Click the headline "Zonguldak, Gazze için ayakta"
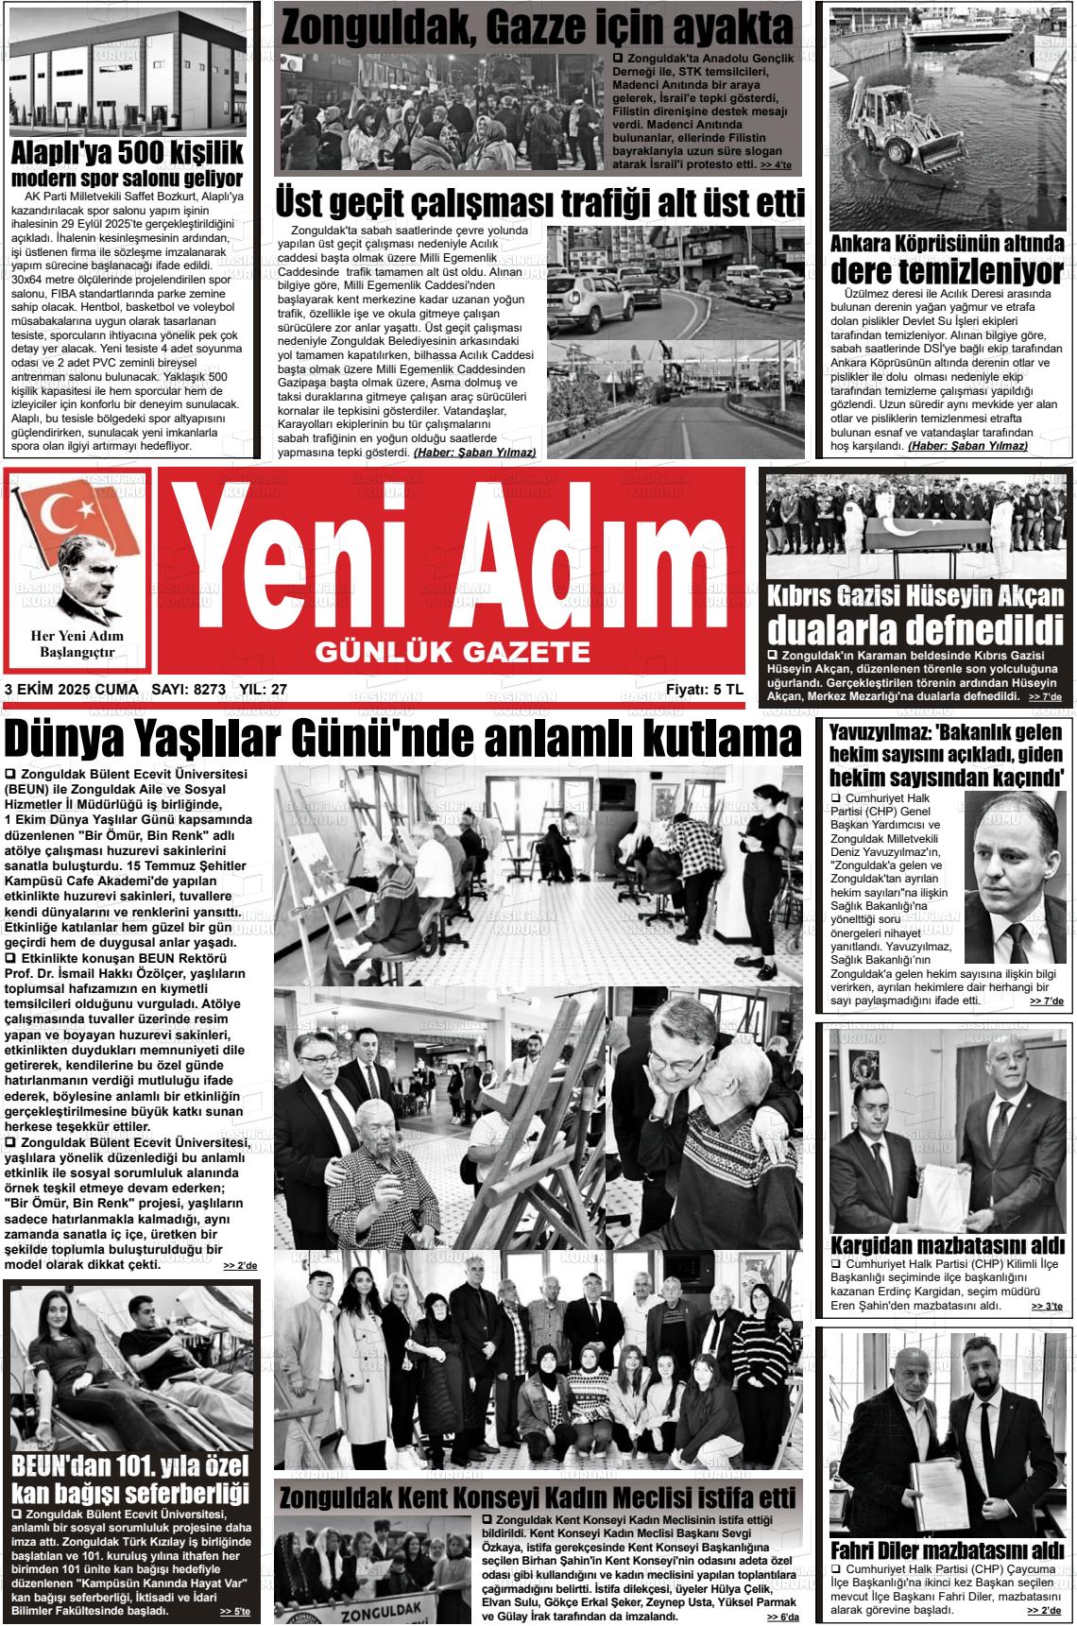[537, 27]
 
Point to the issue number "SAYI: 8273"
[188, 691]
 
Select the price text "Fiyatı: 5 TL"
[704, 691]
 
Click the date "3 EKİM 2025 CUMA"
[71, 691]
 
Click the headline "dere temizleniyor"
[948, 272]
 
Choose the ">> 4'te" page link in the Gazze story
[776, 165]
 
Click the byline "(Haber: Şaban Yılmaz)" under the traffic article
[474, 453]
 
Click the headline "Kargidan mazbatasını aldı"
[948, 1244]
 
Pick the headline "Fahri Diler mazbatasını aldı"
[948, 1551]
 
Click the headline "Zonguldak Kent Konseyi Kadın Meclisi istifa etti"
[538, 1498]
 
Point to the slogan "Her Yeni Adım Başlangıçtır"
[77, 644]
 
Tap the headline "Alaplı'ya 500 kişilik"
[127, 154]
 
